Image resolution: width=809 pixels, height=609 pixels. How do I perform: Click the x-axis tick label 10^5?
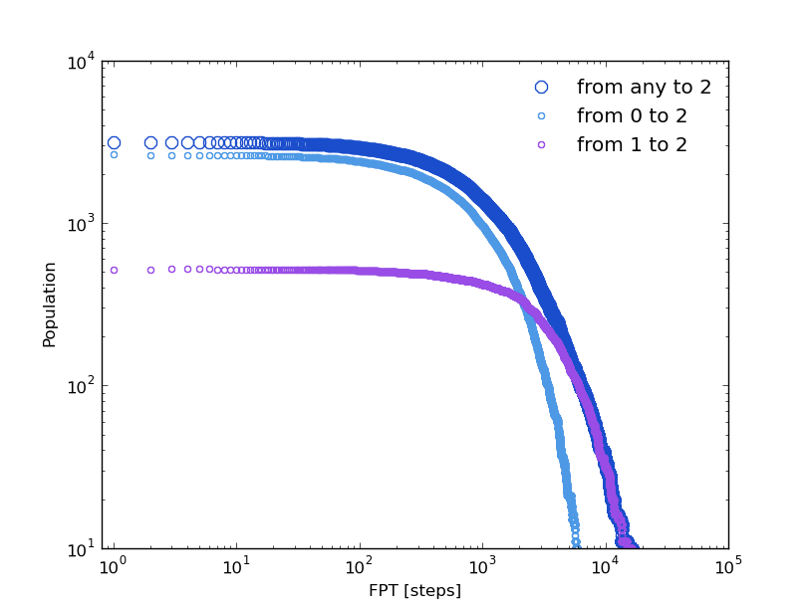727,566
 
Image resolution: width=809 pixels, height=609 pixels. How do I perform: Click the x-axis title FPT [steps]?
414,590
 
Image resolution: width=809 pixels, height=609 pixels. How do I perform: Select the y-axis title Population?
50,304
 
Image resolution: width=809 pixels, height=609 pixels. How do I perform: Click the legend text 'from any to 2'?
644,88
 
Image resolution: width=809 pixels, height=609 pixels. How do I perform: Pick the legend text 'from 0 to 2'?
632,116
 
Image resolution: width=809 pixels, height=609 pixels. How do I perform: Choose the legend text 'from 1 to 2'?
632,145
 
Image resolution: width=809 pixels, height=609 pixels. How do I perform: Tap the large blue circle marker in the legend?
541,88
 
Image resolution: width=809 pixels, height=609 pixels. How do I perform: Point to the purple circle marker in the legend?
541,145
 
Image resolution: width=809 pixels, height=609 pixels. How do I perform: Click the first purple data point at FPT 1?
114,270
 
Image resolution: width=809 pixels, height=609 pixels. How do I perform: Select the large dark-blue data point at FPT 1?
114,143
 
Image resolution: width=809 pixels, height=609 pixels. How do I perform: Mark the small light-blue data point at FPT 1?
114,155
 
